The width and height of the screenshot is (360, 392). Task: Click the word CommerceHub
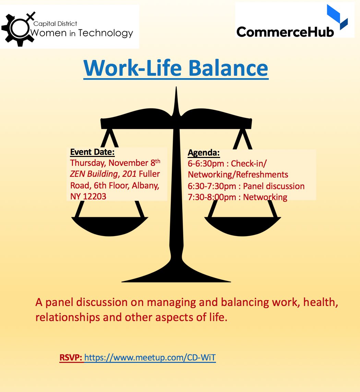(285, 32)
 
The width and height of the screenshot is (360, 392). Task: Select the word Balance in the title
(228, 68)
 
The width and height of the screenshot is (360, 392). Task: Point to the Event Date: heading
(92, 152)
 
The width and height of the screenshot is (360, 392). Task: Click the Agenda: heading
(204, 152)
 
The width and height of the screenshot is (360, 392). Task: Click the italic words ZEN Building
(93, 174)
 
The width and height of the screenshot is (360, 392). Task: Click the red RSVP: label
(71, 358)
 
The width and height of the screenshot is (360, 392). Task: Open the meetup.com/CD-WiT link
(150, 358)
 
